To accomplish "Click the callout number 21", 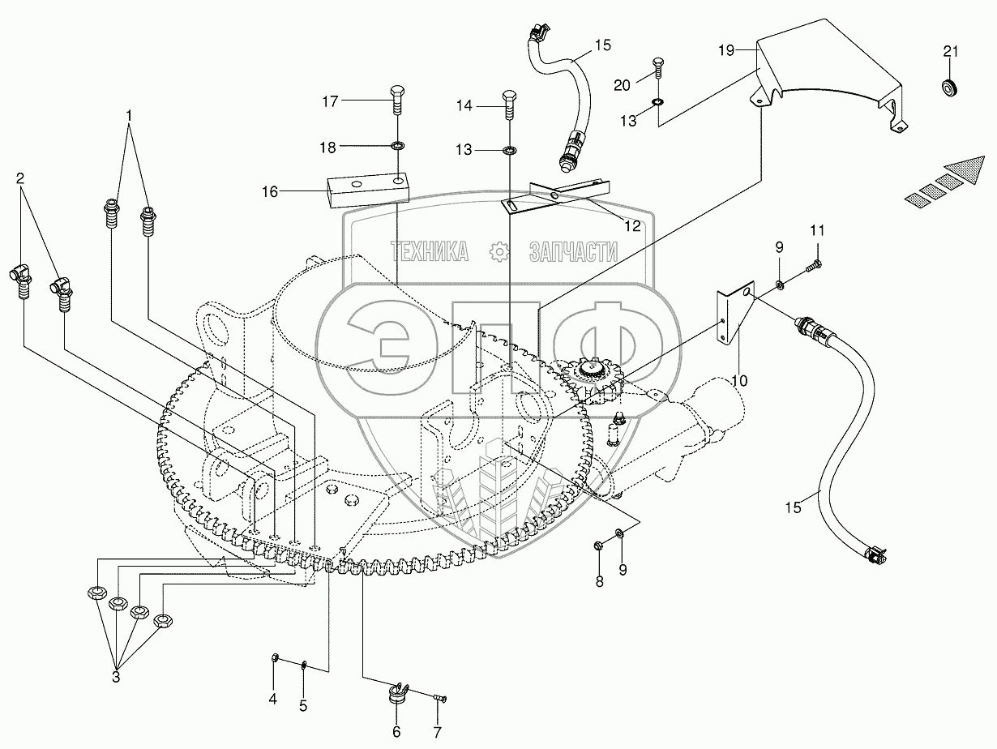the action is (950, 52).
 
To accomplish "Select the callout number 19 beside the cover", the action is (726, 50).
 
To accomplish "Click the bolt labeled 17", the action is (398, 100).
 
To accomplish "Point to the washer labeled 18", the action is (398, 146).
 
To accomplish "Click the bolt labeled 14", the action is (509, 105).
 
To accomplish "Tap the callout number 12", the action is (632, 225).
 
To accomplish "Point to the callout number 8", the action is (600, 581).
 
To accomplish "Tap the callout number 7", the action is (437, 732).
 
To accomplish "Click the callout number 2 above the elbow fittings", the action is (19, 178).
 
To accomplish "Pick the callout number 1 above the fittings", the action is (129, 115).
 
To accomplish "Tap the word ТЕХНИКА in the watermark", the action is (430, 251).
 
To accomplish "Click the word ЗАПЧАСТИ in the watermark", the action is (574, 251).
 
